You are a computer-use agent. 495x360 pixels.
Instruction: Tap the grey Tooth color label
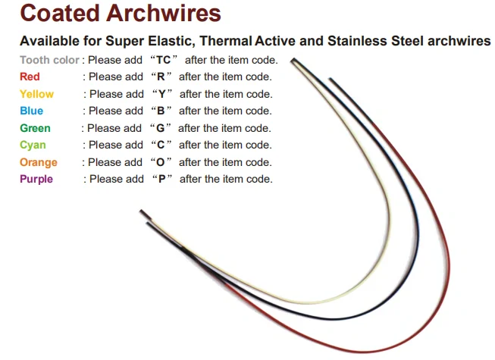pos(49,60)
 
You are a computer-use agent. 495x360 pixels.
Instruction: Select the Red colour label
pos(30,77)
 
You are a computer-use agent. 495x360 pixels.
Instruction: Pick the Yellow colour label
pos(36,94)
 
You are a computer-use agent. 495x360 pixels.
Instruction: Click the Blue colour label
pos(31,111)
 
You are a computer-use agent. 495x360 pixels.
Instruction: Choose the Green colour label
pos(35,128)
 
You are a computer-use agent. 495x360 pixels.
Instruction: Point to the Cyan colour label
pos(33,145)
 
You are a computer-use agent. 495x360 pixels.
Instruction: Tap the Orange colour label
pos(38,162)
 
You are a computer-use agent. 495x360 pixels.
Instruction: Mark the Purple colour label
pos(36,179)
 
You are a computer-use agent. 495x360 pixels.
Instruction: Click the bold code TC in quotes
pos(163,60)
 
